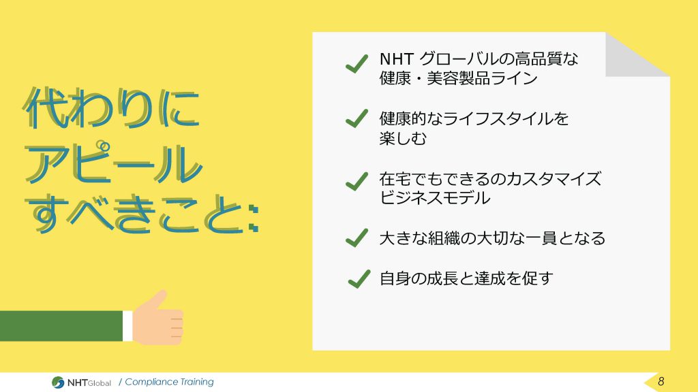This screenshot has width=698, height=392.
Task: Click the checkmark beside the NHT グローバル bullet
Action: click(x=356, y=63)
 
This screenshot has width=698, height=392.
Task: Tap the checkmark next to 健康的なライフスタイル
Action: click(x=356, y=118)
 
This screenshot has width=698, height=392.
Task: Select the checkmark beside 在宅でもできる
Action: click(x=356, y=181)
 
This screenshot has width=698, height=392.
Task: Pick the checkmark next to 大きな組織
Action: click(x=356, y=238)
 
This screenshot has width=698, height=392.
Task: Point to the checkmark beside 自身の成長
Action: click(x=359, y=279)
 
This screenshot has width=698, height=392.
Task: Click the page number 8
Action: click(x=661, y=381)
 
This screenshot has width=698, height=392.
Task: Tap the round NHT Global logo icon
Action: click(x=58, y=382)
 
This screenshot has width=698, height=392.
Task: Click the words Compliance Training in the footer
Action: click(x=169, y=382)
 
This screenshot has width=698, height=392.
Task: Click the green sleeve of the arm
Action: click(x=61, y=326)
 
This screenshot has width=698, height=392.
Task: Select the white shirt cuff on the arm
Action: click(x=127, y=326)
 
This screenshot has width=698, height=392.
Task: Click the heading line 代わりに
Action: click(x=111, y=108)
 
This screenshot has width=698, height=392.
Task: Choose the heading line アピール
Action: click(x=114, y=163)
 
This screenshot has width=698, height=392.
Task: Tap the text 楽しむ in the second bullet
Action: click(x=403, y=138)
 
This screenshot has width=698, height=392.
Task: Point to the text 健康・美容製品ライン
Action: click(x=459, y=78)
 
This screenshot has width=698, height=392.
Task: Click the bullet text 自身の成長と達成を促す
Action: click(x=466, y=278)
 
